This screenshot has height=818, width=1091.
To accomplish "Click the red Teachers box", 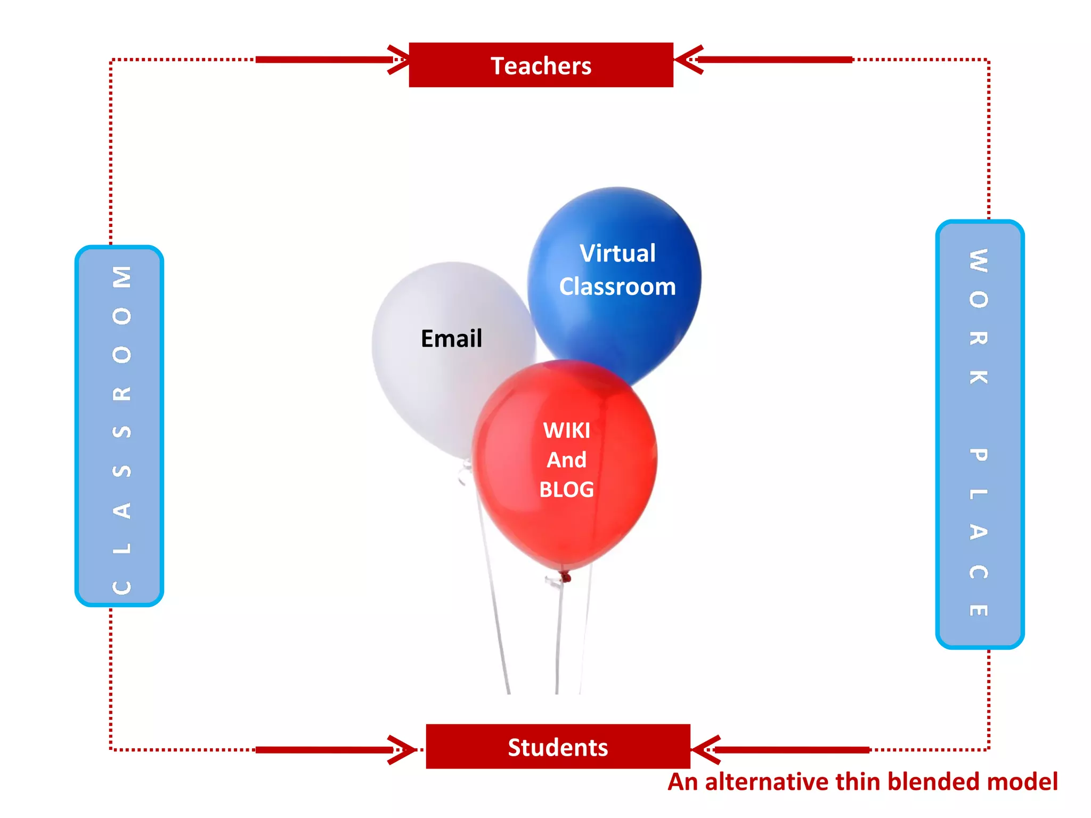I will point(541,65).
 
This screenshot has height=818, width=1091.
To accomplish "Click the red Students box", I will point(558,747).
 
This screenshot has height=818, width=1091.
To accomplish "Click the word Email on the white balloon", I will point(451,339).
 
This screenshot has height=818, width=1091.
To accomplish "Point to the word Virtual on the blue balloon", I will point(617,253).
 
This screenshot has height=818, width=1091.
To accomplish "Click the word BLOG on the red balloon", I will point(566,490).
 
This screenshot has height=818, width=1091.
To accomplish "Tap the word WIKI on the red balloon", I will point(566,430).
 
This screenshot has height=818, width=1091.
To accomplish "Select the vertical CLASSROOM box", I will point(119,426).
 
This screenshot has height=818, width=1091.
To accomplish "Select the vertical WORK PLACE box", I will point(980,434).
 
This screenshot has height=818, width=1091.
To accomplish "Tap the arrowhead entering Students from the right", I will point(704,750).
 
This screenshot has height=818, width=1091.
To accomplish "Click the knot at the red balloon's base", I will point(565,576).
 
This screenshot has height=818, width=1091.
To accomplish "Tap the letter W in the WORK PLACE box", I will point(979,260).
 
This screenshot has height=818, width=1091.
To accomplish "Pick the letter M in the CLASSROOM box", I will point(122,277).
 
